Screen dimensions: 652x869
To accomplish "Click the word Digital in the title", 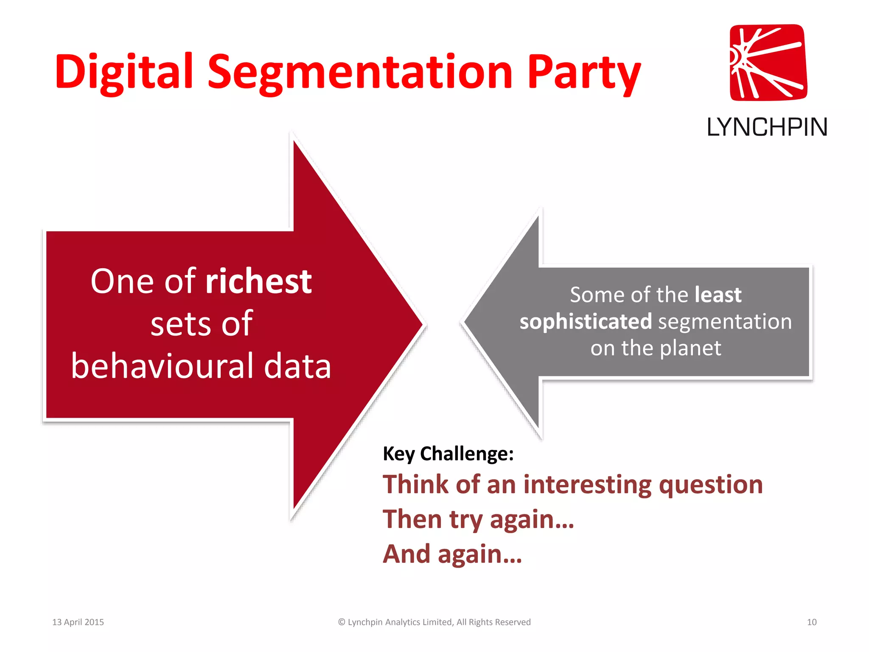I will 124,72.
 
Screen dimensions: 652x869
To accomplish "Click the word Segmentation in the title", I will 360,73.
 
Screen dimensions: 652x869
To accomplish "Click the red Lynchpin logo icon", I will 768,63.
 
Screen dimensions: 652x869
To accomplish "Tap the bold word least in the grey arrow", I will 718,295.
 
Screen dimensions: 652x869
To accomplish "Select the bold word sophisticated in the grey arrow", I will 586,321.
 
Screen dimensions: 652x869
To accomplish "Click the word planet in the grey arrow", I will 690,348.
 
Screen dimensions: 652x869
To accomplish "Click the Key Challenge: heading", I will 448,453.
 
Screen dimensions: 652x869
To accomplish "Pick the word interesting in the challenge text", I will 587,484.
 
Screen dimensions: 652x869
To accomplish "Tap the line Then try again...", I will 478,519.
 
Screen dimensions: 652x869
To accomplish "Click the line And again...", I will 452,554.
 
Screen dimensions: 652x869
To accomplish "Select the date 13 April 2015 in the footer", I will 78,622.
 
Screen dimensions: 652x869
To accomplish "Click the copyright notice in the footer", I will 434,622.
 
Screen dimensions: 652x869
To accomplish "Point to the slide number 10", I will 811,622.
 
